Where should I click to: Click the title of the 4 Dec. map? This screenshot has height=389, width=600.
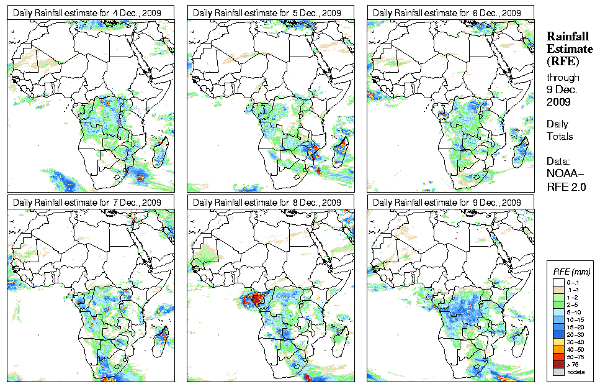pyautogui.click(x=87, y=12)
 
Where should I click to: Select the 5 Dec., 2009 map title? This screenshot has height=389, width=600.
pyautogui.click(x=267, y=12)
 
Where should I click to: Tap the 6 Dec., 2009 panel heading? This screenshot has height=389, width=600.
pyautogui.click(x=447, y=12)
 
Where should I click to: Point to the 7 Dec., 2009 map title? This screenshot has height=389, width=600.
pyautogui.click(x=87, y=203)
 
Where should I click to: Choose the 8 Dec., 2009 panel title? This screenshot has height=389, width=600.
pyautogui.click(x=267, y=203)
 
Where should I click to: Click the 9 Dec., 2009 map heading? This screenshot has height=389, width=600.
pyautogui.click(x=447, y=203)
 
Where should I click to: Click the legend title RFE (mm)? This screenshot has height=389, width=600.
pyautogui.click(x=571, y=272)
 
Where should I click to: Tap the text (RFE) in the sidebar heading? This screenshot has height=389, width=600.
pyautogui.click(x=562, y=62)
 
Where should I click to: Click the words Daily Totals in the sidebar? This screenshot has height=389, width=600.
pyautogui.click(x=560, y=130)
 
